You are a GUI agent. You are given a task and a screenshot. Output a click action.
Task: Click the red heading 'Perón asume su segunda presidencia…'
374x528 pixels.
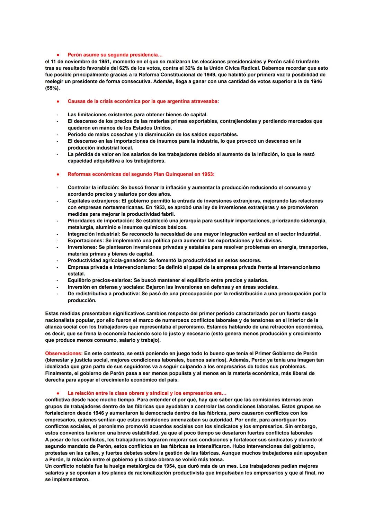[115, 55]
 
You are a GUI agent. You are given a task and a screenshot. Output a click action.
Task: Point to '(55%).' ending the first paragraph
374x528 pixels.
[52, 88]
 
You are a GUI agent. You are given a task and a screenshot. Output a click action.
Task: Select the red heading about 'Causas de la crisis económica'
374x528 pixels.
[143, 101]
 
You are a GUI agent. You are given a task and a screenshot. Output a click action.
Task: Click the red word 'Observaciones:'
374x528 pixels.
[64, 354]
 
